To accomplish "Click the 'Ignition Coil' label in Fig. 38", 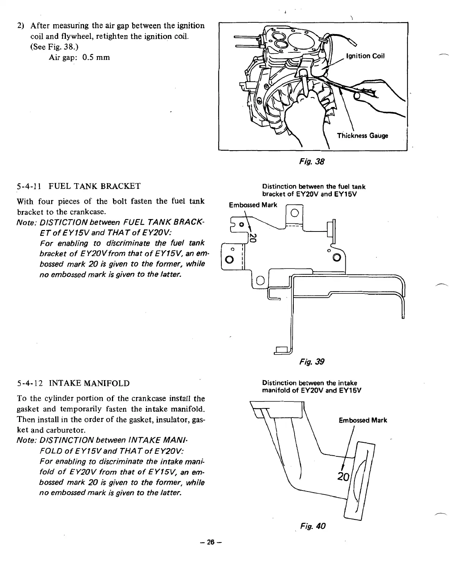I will pos(365,56).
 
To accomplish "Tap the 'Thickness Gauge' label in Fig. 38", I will pos(362,136).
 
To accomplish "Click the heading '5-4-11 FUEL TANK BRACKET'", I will pos(79,186).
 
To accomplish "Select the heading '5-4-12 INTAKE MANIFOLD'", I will pos(73,383).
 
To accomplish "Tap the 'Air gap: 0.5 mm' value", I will pos(79,58).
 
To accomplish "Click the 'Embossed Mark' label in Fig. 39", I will pos(253,205).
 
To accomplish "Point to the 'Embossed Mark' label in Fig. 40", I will pos(363,420).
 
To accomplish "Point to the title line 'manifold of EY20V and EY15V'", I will pos(312,390).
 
